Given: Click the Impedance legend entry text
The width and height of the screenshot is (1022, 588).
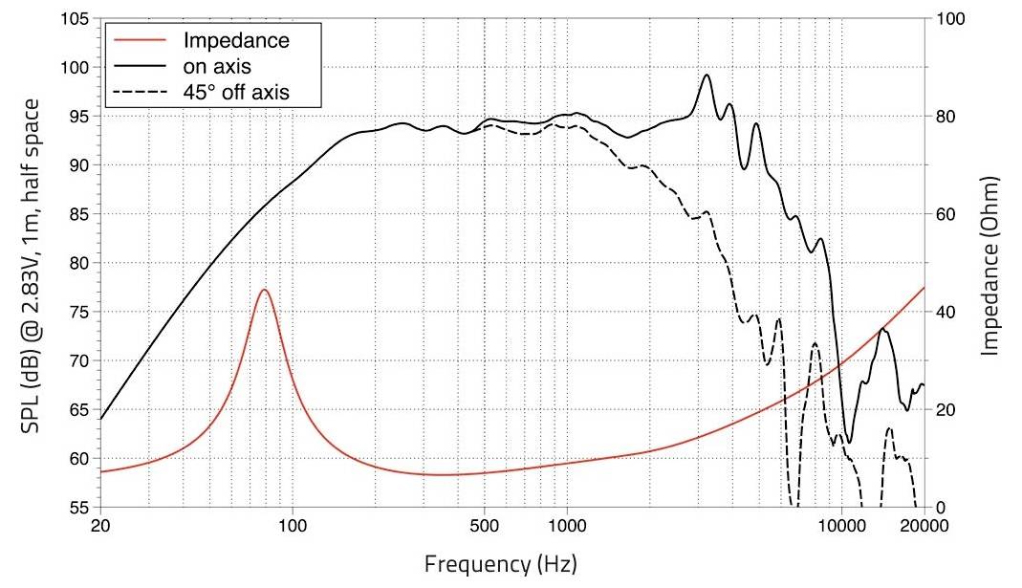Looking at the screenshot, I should (235, 41).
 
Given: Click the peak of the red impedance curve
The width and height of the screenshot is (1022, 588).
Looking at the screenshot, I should (265, 290).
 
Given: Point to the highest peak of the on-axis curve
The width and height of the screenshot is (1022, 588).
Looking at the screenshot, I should (707, 75).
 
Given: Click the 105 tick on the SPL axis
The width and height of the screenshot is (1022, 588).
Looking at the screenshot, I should (76, 19).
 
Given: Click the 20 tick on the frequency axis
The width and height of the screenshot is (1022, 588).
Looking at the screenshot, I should (99, 527).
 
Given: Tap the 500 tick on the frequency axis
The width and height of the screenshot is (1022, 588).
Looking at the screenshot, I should (485, 527).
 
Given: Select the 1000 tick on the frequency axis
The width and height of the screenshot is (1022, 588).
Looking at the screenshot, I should (568, 527).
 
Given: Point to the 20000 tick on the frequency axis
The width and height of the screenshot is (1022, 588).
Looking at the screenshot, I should (924, 527).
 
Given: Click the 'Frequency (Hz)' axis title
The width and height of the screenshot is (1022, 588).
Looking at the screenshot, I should (501, 560).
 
